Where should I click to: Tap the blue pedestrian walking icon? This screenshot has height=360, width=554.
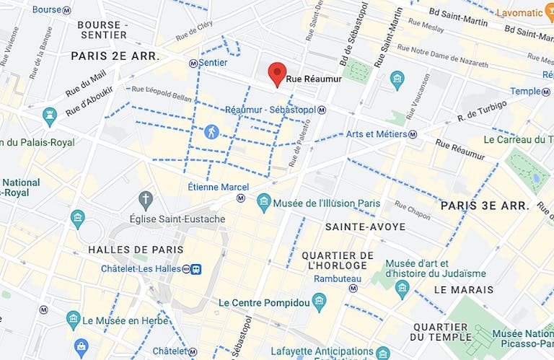pos(211,131)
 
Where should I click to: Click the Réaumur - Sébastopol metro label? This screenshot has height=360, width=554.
pos(271,110)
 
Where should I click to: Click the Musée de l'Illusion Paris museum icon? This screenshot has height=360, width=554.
pos(264,203)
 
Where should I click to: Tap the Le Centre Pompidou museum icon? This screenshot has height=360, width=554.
pos(319,302)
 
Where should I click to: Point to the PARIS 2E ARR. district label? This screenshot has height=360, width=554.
pos(115,56)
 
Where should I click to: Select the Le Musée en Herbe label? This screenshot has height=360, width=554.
pos(118,320)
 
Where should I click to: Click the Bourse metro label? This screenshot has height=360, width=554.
pos(47,9)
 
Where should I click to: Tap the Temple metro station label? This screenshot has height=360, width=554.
pos(525,91)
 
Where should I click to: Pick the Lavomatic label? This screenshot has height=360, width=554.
pos(518,13)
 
